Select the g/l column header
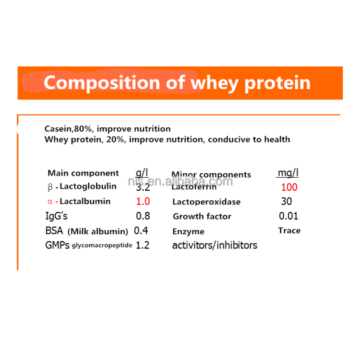point(142,173)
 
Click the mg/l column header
point(288,173)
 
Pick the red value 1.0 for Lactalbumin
point(143,202)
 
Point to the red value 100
point(289,187)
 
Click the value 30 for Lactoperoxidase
point(286,202)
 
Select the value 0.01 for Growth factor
point(288,216)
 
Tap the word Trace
point(289,230)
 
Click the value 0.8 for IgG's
point(143,216)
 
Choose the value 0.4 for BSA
point(141,231)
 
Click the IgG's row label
point(56,216)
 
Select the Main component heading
point(83,173)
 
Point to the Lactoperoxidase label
point(206,202)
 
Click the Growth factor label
point(202,216)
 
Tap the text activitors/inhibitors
point(215,245)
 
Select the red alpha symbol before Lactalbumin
point(50,202)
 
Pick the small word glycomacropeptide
point(102,246)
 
